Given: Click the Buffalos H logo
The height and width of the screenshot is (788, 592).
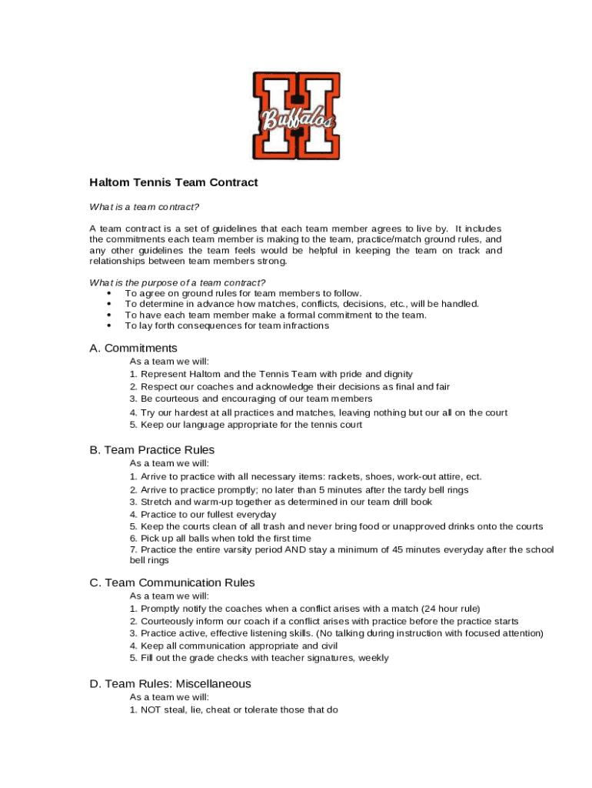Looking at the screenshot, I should [296, 115].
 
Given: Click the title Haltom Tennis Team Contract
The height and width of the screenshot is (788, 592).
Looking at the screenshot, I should [174, 182].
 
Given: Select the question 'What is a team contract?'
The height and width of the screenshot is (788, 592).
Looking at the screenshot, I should [144, 206].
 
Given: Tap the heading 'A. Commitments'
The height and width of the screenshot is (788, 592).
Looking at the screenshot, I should [133, 348].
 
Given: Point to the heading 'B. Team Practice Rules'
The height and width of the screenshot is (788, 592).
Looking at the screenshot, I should [151, 449].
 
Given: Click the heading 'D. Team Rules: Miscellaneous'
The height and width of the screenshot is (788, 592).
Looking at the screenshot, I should [170, 683].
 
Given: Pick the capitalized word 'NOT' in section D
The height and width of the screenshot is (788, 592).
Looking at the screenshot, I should [151, 710].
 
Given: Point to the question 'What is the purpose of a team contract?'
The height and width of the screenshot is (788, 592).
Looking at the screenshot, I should [178, 282].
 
